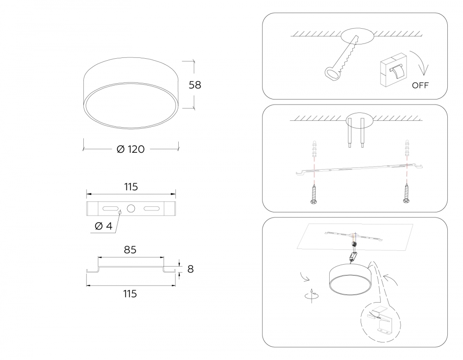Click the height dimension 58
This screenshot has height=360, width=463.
(x=195, y=85)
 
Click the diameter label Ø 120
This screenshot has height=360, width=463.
(x=131, y=149)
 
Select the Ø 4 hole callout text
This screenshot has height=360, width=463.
(x=104, y=226)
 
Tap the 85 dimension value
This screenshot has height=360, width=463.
(x=130, y=249)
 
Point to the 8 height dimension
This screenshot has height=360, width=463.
(x=190, y=269)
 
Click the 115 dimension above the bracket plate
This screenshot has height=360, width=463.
(x=131, y=187)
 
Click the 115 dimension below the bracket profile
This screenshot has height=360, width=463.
(x=130, y=294)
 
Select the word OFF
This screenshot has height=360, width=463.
(x=420, y=85)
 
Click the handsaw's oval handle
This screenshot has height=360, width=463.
(x=332, y=74)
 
